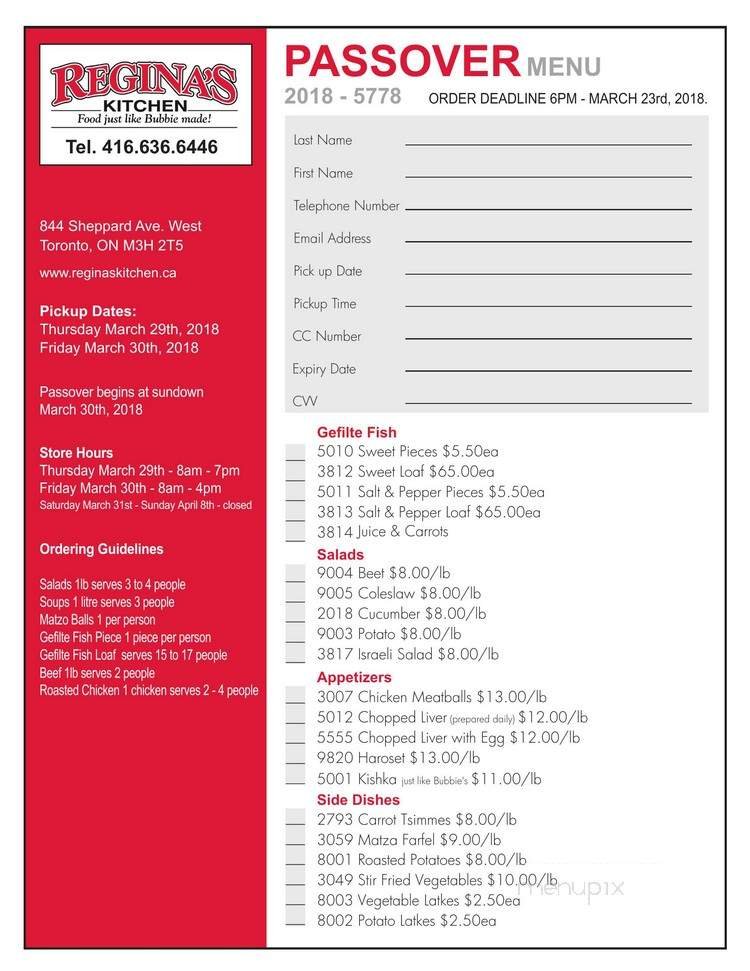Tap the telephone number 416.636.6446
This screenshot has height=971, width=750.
tap(141, 147)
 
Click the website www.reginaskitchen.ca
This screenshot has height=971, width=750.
tap(107, 272)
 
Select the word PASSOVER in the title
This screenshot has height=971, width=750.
tap(402, 63)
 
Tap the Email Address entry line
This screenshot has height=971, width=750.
tap(547, 242)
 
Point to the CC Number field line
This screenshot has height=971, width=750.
tap(547, 340)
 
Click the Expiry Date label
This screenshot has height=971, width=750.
tap(324, 369)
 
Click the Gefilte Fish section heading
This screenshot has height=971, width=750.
tap(356, 433)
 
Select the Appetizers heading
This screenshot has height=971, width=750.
tap(354, 677)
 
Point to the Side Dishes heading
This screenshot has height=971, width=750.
tap(358, 800)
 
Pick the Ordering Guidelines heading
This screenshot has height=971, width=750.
tap(101, 549)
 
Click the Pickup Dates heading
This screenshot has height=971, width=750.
tap(88, 311)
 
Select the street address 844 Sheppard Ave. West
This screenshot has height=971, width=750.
tap(120, 226)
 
